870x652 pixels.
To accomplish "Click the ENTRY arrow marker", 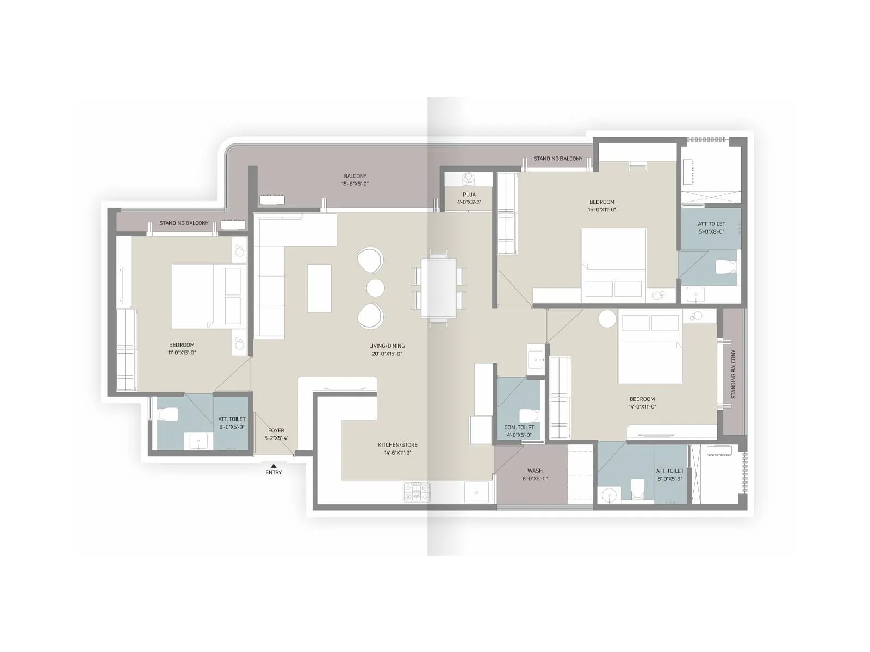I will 274,465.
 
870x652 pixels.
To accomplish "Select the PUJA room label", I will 469,195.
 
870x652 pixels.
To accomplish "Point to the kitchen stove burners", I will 417,492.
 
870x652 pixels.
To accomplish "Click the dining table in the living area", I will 438,288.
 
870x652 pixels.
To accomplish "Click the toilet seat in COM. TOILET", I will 529,416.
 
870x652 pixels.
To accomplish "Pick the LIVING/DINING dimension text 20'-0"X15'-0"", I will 387,354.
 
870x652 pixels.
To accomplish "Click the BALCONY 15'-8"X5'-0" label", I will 355,180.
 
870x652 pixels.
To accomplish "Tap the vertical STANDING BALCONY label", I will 733,374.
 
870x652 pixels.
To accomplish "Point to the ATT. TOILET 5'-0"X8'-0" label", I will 711,228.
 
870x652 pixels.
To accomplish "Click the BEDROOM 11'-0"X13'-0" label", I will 182,348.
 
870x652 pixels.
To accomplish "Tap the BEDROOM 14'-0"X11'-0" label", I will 642,403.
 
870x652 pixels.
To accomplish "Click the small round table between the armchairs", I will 375,287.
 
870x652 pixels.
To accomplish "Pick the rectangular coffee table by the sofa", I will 319,288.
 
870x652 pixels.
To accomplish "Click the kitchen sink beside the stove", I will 477,492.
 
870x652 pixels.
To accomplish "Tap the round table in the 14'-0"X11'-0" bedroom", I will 607,319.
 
